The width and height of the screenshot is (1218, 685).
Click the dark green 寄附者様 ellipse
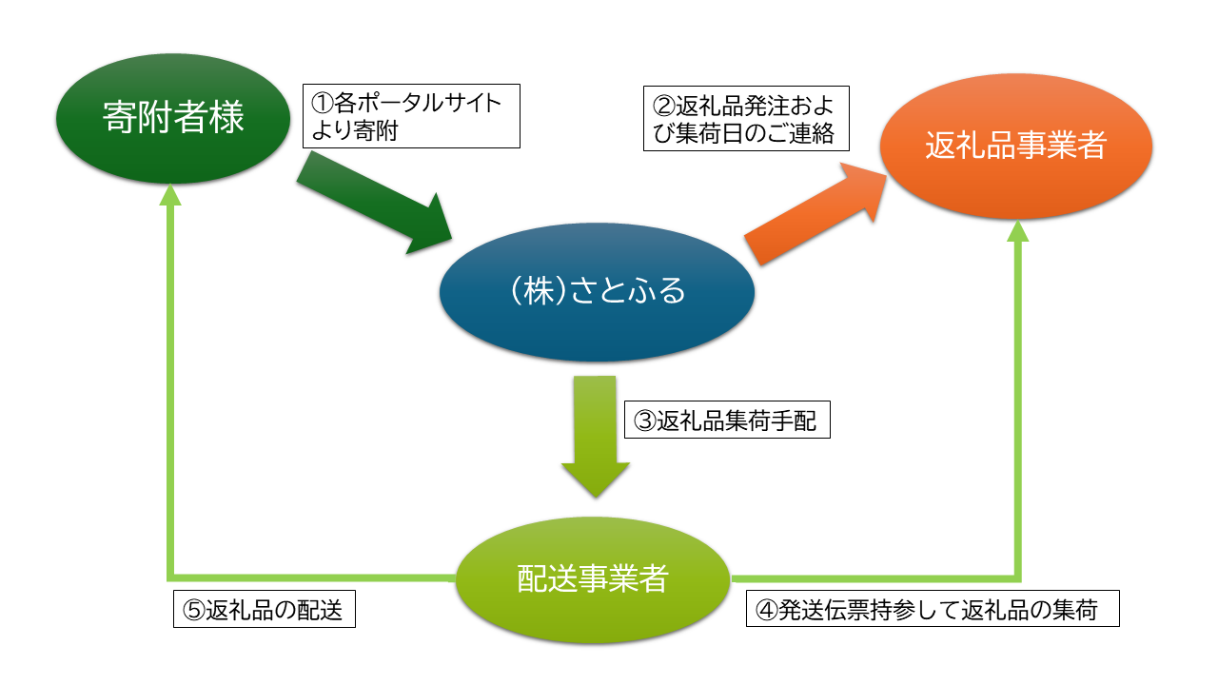click(172, 120)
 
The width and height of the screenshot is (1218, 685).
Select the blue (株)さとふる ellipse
click(598, 292)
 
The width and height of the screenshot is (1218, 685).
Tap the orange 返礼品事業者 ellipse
click(1015, 147)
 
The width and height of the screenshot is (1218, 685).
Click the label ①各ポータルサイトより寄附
click(411, 117)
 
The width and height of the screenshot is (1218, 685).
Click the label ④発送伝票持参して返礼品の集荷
click(932, 609)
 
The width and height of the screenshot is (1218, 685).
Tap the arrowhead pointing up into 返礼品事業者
click(1017, 230)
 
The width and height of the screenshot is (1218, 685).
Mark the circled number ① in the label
click(321, 103)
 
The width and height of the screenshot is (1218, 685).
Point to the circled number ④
click(764, 610)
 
